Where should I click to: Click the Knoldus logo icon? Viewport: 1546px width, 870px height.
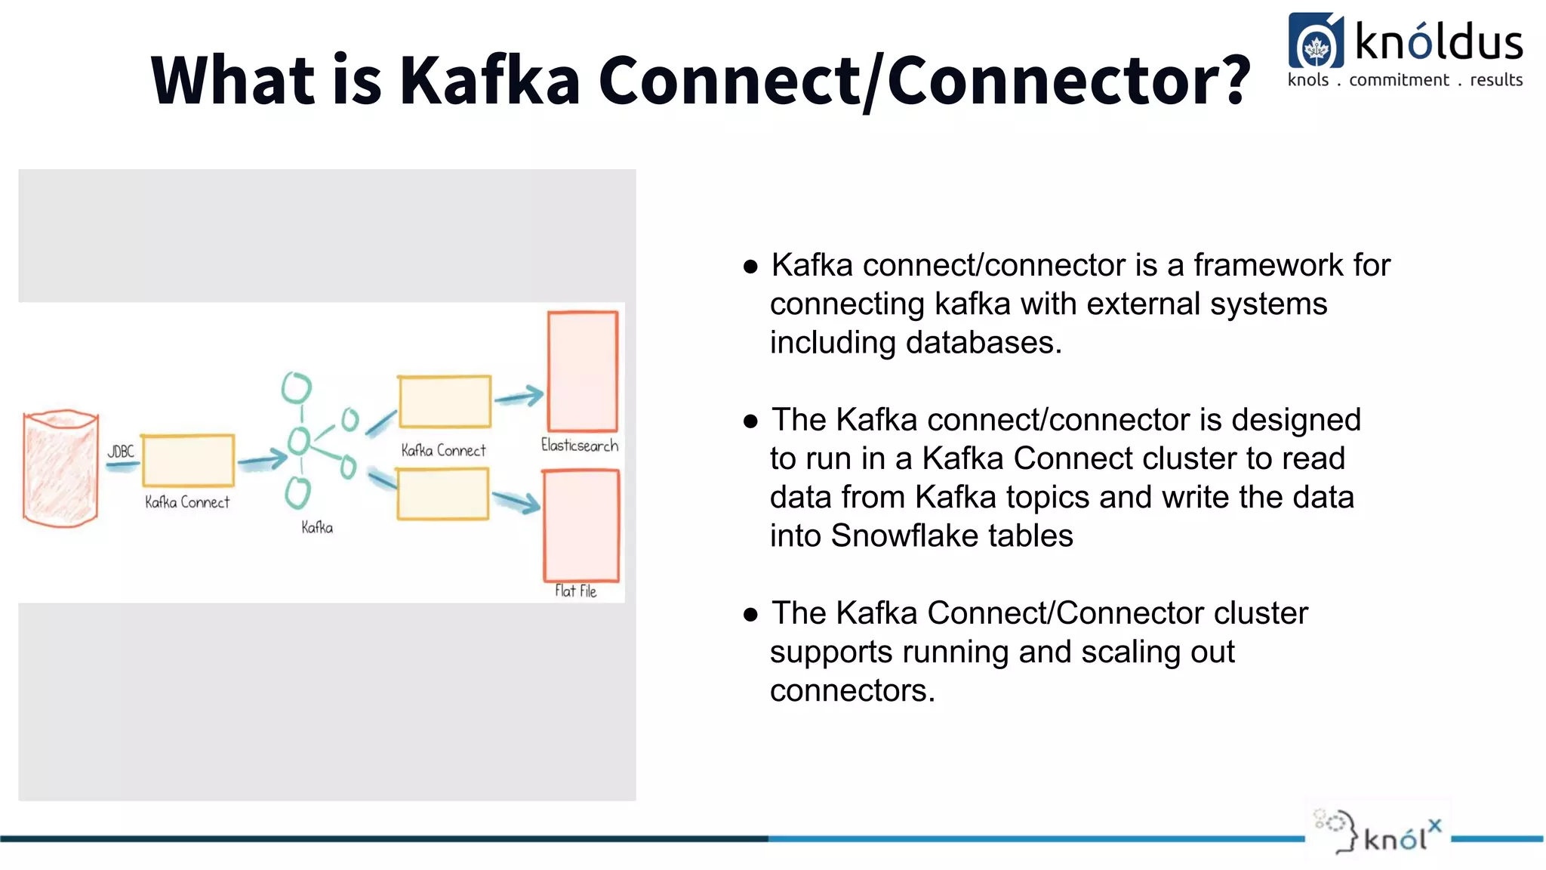pos(1316,43)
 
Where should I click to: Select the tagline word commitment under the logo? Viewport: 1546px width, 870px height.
pos(1399,80)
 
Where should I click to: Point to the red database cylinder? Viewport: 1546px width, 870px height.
pos(60,468)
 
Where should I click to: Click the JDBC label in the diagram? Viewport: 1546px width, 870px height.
pos(121,452)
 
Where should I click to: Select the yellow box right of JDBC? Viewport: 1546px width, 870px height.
pos(188,461)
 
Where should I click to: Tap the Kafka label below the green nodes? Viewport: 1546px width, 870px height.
pos(317,527)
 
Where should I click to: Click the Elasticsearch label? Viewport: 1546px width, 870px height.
pos(580,446)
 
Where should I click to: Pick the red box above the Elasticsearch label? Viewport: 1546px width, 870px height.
pos(583,372)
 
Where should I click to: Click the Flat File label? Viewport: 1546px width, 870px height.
pos(575,591)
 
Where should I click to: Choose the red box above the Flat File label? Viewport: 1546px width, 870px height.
pos(581,526)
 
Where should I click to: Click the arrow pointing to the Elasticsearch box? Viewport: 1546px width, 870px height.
pos(519,396)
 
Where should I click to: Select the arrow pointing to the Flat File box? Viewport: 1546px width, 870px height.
pos(517,501)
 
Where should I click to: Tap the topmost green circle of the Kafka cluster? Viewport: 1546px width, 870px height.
pos(297,388)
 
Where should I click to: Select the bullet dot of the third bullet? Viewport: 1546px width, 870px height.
pos(750,615)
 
